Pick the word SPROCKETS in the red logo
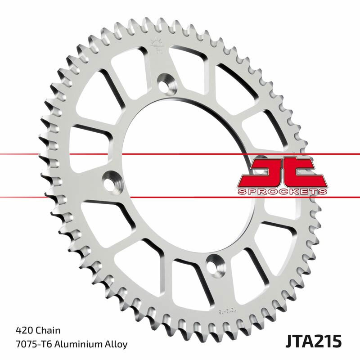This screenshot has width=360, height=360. (282, 191)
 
